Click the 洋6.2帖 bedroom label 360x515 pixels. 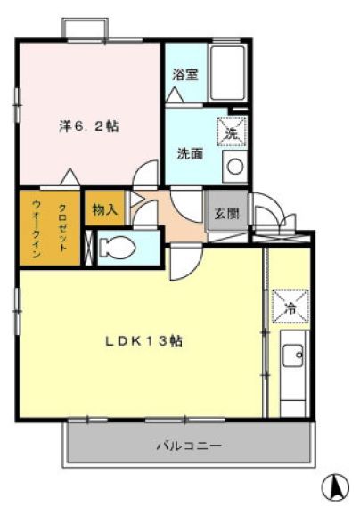coord(89,127)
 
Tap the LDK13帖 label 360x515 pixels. coord(143,341)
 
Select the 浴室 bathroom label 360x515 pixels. coord(185,75)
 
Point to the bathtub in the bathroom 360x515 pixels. coord(228,73)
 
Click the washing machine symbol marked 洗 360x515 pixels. coord(232,131)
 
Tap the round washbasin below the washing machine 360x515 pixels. coord(234,167)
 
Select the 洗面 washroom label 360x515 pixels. coord(190,153)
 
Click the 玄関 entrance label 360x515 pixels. coord(227,214)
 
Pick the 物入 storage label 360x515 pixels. coord(105,209)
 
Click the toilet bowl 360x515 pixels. coord(118,248)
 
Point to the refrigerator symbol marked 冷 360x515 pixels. coord(290,306)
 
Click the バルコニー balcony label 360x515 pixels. coord(189,446)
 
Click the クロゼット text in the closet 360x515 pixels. coord(62,228)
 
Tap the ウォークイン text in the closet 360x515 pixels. coord(37,229)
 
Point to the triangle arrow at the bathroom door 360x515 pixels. coord(175,95)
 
